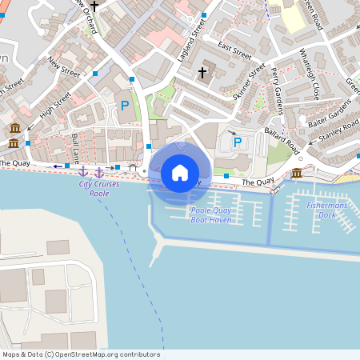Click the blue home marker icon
[180, 172]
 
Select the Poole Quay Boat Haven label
[211, 214]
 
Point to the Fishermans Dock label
[327, 210]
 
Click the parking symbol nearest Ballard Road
[237, 142]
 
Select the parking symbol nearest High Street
[124, 105]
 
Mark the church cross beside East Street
[202, 73]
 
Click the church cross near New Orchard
[95, 6]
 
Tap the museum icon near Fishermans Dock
[297, 173]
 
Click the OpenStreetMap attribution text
[81, 354]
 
